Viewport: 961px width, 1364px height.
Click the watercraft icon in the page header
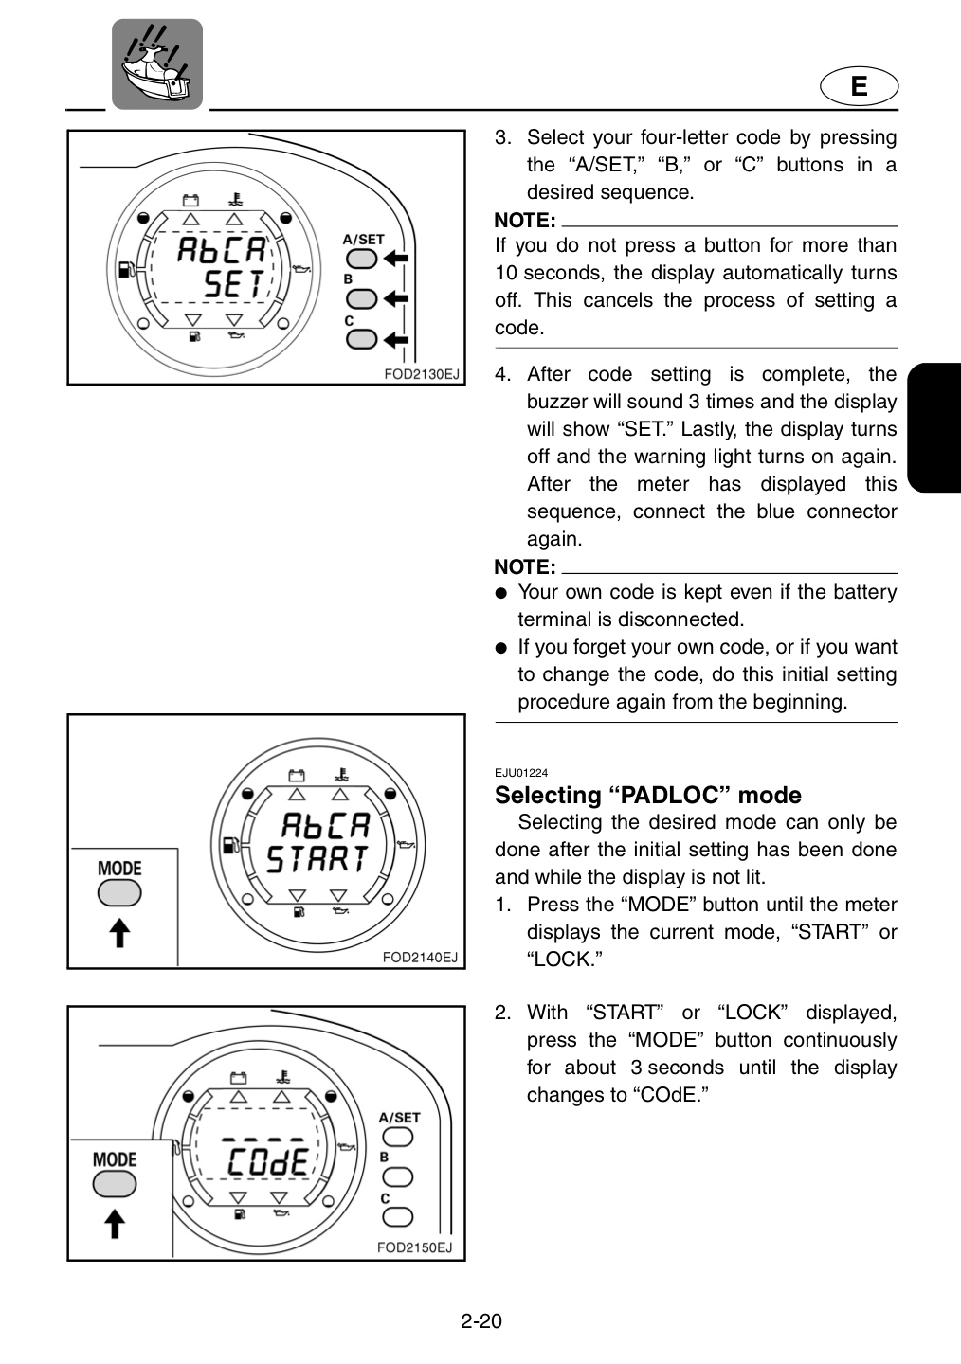click(157, 64)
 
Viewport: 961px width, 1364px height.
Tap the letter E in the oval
click(859, 86)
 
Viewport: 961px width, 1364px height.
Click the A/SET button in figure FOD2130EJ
click(361, 259)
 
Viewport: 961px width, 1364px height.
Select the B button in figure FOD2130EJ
click(361, 299)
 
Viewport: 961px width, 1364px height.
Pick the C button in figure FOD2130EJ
click(361, 339)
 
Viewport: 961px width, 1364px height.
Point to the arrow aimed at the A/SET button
click(395, 259)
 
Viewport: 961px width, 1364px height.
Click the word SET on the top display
click(234, 284)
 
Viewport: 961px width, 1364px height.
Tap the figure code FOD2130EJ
click(421, 374)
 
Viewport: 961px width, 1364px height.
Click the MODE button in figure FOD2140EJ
click(119, 894)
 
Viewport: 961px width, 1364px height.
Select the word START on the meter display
click(317, 859)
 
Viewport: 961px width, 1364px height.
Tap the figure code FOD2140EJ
click(420, 958)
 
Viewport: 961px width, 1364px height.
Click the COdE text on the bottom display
click(268, 1162)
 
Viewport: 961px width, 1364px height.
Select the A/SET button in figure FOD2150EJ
click(397, 1137)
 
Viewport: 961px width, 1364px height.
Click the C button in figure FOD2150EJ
click(397, 1217)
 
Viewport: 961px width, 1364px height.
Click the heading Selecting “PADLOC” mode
click(648, 796)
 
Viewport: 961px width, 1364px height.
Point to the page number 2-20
click(481, 1320)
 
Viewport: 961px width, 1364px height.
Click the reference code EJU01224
click(521, 773)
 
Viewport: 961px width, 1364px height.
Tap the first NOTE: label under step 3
click(525, 220)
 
